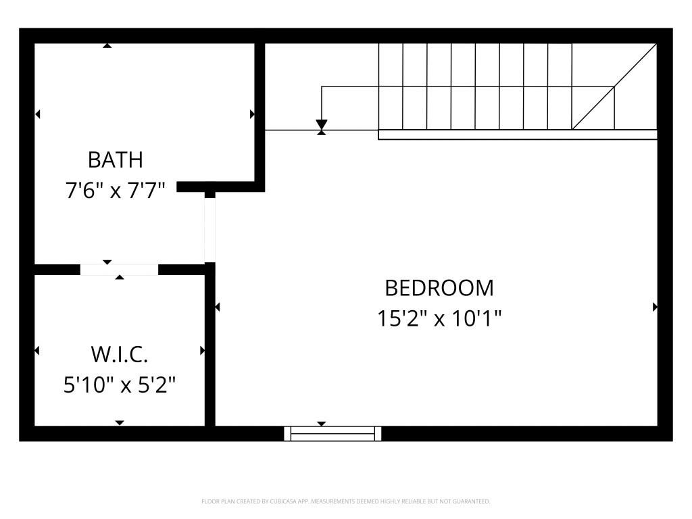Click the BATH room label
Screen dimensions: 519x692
click(116, 160)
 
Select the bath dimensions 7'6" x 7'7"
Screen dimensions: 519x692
click(116, 190)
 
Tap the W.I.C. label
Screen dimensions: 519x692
click(119, 354)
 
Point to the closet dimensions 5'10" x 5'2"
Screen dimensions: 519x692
click(120, 385)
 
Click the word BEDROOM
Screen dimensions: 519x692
click(439, 288)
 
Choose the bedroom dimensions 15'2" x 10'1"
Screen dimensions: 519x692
click(439, 318)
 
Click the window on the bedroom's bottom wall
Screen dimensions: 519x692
click(332, 433)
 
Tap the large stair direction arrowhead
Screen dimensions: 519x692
click(322, 126)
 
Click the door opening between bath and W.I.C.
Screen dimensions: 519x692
click(119, 269)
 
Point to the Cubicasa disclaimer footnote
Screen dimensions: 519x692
click(345, 501)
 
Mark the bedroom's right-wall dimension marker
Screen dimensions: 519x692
click(655, 307)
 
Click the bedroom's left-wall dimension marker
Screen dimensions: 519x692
click(218, 307)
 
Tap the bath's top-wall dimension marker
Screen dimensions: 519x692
click(107, 45)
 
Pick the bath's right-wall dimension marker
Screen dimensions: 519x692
click(252, 114)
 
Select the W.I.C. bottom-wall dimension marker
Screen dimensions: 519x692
click(120, 423)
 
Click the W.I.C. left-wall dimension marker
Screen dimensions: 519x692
click(37, 351)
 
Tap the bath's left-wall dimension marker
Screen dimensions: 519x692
click(37, 114)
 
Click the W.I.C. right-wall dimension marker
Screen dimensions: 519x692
click(202, 351)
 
